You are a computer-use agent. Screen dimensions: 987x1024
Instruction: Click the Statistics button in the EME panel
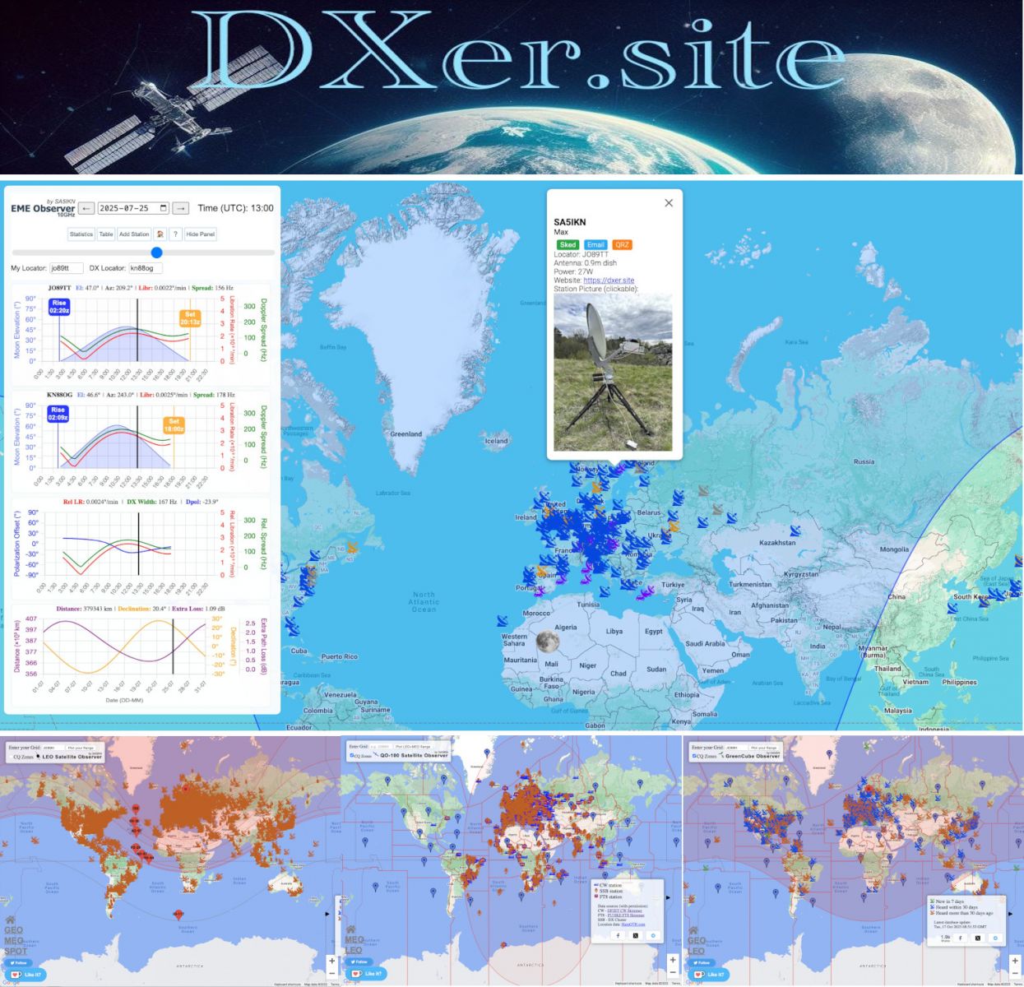81,234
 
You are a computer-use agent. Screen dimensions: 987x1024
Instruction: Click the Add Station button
134,234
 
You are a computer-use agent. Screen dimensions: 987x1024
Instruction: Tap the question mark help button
175,234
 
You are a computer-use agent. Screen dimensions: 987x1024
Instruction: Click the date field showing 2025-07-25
133,209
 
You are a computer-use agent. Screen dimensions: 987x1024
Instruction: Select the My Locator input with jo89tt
66,268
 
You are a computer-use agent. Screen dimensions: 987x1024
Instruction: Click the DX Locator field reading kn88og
146,268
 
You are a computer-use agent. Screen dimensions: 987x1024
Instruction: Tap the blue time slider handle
157,253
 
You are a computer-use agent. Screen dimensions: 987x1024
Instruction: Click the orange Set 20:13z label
190,318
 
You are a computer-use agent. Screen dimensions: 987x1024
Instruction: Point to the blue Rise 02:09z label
58,414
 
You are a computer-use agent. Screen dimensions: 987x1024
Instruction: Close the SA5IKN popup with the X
669,203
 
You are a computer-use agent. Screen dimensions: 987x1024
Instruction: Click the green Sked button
568,244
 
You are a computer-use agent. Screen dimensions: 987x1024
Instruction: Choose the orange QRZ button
623,244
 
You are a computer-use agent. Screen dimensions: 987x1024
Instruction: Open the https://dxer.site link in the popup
609,280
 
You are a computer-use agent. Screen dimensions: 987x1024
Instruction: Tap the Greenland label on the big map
405,434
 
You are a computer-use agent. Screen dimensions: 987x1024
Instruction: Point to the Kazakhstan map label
776,543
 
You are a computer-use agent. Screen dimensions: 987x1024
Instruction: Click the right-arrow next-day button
181,209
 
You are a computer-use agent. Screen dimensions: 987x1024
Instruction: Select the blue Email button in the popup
595,244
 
